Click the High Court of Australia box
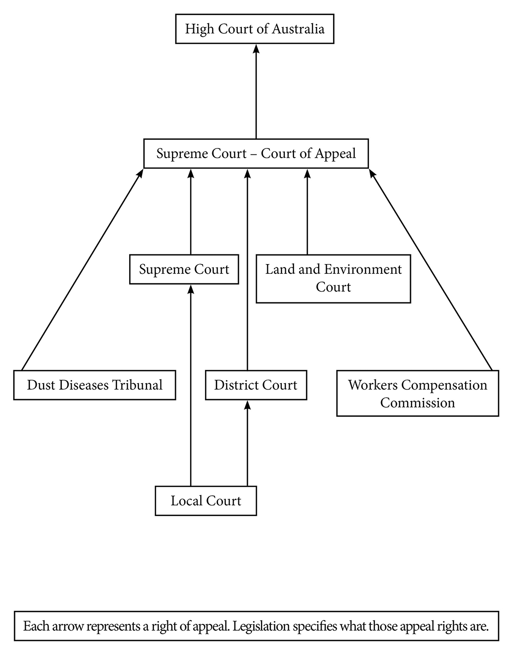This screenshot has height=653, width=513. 254,29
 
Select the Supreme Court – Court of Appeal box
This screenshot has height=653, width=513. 256,154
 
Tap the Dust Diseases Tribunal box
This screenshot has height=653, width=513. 94,385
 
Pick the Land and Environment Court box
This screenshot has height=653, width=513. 333,279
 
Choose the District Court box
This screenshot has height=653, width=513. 256,385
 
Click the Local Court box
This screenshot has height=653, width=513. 205,501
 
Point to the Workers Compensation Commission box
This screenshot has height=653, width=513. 417,394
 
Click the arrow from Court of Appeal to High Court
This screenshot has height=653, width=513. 256,92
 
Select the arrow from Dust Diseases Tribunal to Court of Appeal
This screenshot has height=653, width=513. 82,269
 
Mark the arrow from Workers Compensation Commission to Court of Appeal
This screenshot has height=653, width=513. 430,269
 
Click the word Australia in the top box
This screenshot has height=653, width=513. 298,29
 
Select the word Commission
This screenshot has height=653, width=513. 417,403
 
